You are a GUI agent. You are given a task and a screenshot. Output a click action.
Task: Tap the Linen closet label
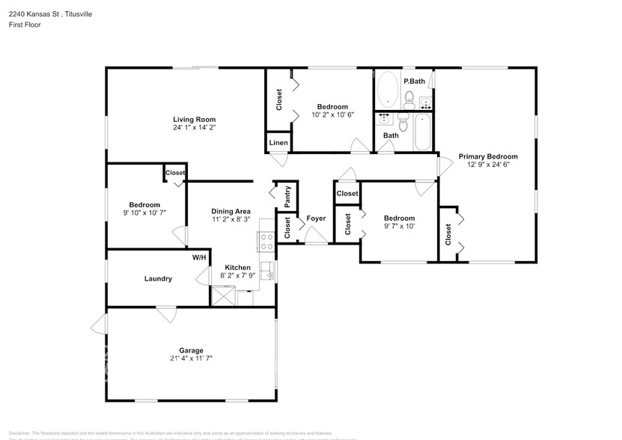(278, 142)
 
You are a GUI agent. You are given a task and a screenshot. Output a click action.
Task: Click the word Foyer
(316, 219)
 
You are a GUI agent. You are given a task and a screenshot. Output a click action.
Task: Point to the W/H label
(199, 257)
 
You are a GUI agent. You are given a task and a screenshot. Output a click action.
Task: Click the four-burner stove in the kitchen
(266, 241)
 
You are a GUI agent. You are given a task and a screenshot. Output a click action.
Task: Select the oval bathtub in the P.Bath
(388, 91)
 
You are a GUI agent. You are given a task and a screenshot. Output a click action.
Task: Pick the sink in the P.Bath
(426, 102)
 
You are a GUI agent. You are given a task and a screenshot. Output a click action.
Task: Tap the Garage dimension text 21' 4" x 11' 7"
(191, 358)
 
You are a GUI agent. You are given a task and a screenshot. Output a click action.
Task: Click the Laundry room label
(158, 278)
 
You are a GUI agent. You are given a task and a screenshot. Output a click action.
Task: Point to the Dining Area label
(231, 211)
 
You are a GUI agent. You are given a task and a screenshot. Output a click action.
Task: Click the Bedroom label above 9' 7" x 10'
(399, 218)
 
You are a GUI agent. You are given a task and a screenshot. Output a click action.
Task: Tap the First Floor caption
(25, 25)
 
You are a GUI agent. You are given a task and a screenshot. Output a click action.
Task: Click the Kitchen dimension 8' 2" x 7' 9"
(238, 275)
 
